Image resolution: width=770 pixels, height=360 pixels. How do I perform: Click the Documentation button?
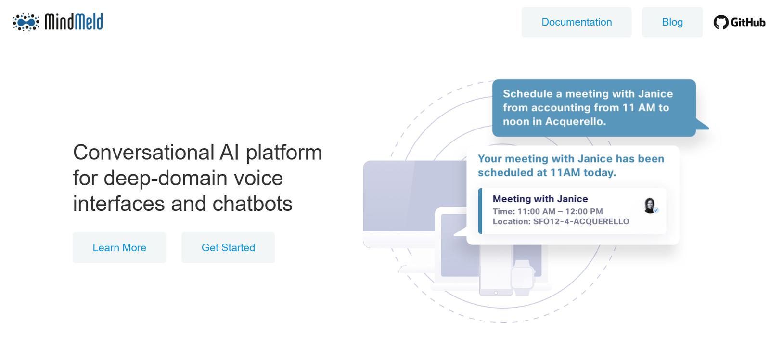pos(577,22)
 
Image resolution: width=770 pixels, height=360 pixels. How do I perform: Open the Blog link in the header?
pos(672,22)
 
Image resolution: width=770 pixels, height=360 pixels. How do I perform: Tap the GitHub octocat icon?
pos(721,22)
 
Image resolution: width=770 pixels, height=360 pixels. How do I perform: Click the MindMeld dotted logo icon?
pos(26,22)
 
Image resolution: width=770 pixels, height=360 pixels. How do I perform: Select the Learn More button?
pos(119,247)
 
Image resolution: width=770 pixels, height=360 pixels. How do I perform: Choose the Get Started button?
pos(228,247)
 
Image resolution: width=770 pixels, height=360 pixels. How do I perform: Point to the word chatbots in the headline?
pos(252,204)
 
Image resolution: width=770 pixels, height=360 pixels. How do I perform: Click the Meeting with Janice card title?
pos(540,199)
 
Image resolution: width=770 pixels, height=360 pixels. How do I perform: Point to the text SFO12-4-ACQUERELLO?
pos(581,221)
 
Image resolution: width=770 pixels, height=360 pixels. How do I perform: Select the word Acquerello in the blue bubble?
pos(575,121)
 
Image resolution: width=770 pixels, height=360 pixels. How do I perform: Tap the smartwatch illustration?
pos(523,278)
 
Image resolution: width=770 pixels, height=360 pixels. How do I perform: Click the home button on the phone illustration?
pos(496,293)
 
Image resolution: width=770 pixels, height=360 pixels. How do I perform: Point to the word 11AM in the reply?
pos(565,172)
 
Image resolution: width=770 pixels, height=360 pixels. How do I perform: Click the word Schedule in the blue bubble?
pos(527,93)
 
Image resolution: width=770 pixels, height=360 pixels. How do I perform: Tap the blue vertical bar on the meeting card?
pos(480,211)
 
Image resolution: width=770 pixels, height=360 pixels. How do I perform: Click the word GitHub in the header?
pos(748,22)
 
